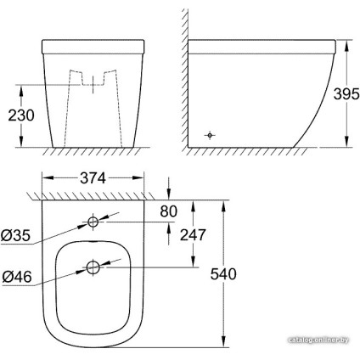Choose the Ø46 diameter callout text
[16, 276]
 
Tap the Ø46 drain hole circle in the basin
[91, 269]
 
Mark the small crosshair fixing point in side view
[211, 134]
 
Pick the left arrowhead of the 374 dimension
[45, 179]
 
